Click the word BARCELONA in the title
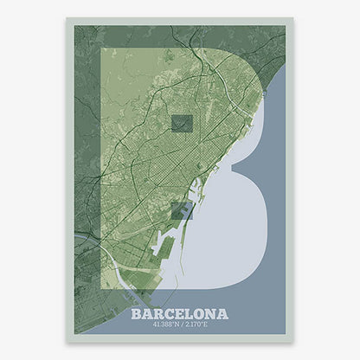click(x=180, y=312)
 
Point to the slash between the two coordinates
click(x=181, y=325)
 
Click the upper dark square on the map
click(x=181, y=125)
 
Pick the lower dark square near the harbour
click(x=180, y=210)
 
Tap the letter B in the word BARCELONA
click(x=138, y=312)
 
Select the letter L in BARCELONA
click(x=190, y=312)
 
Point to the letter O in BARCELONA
click(x=200, y=312)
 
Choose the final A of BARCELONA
click(x=222, y=312)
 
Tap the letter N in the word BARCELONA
click(x=211, y=312)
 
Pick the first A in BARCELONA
click(x=148, y=312)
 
